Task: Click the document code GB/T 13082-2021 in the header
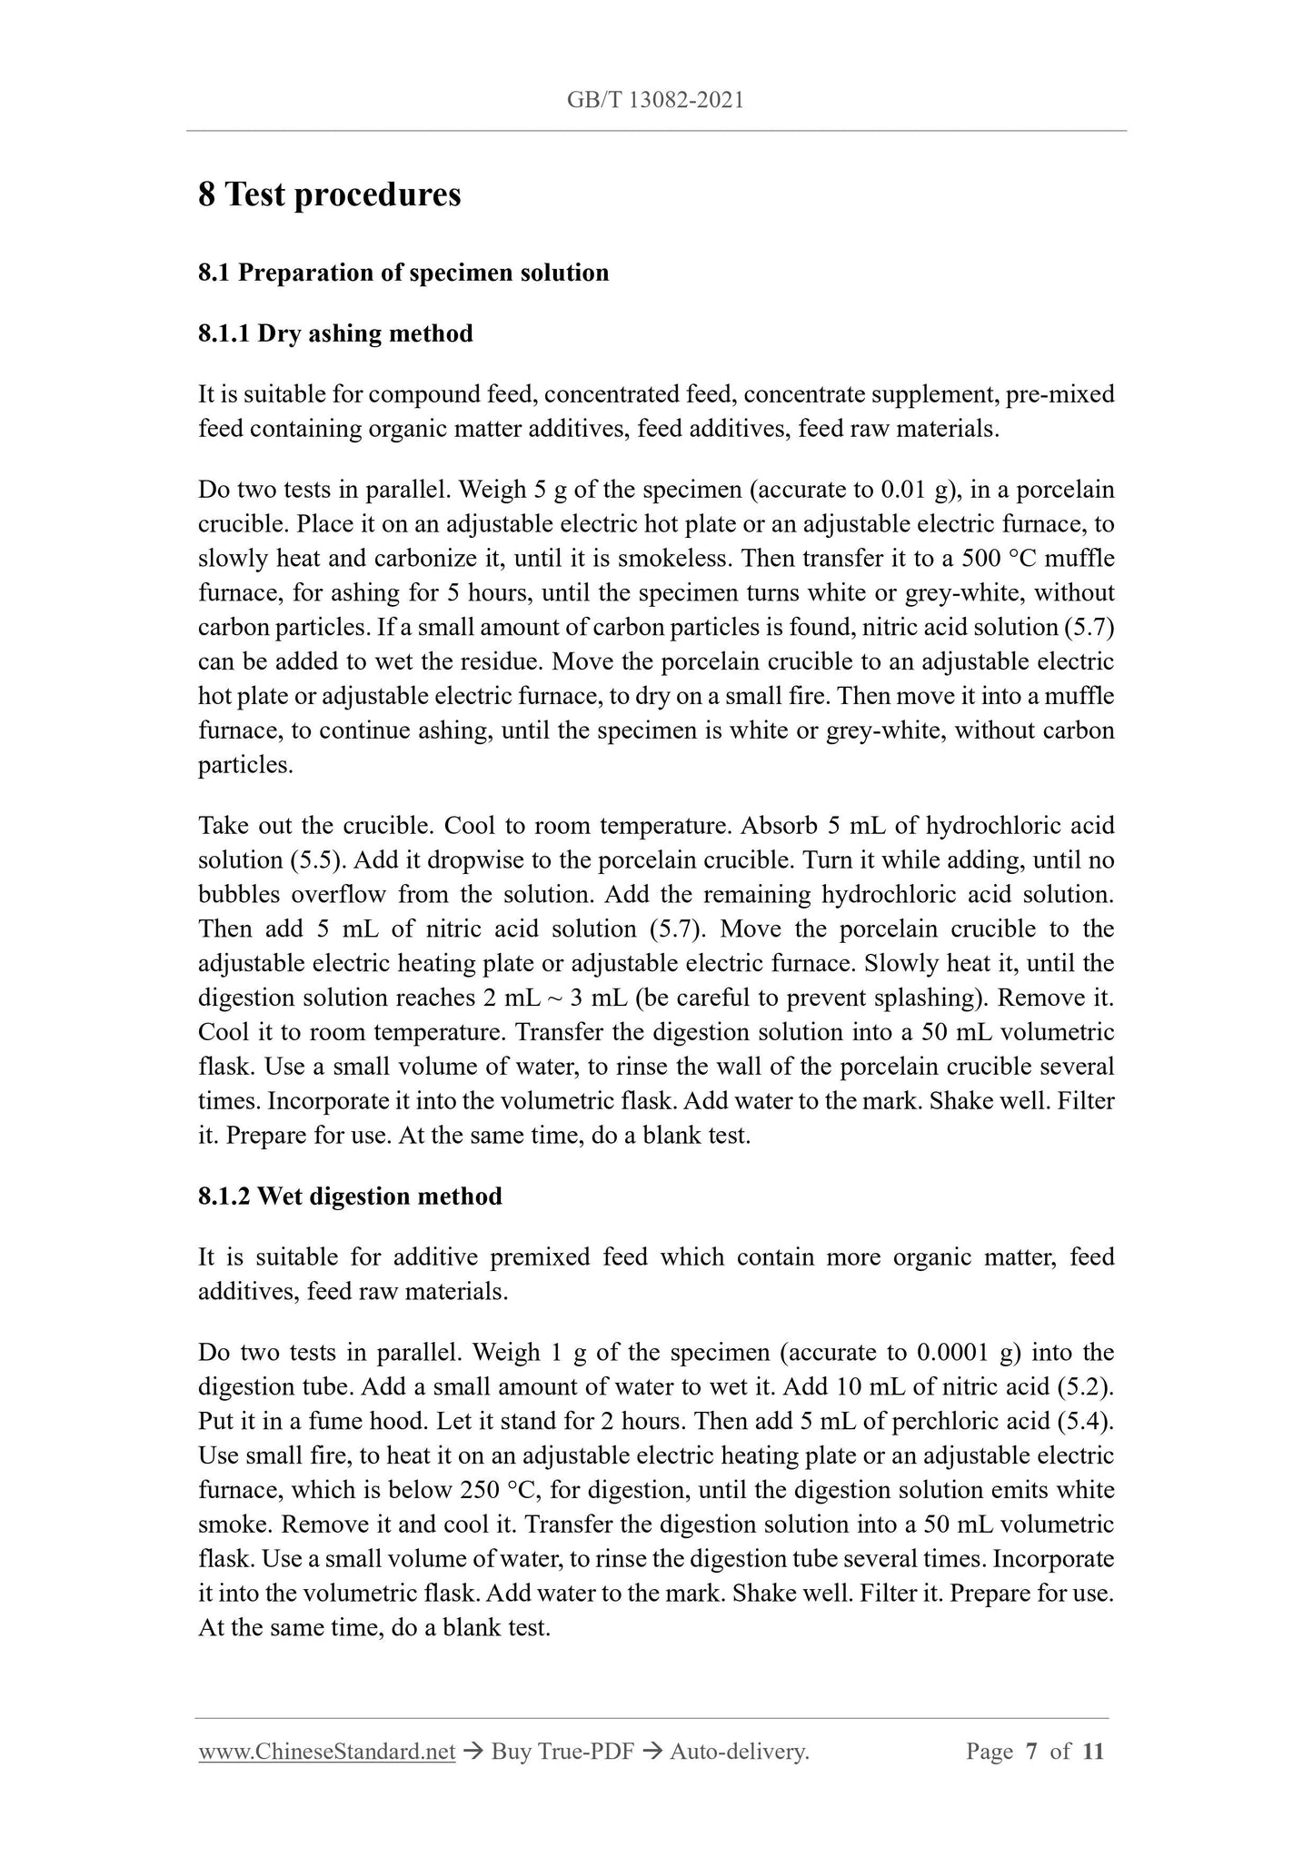point(655,101)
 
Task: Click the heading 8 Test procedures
point(330,194)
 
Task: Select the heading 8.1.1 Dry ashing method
point(335,333)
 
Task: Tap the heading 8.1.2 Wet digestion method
point(350,1196)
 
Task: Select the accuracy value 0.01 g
point(921,491)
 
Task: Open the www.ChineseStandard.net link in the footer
point(326,1752)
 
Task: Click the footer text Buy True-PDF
point(562,1752)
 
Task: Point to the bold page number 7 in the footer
point(1031,1752)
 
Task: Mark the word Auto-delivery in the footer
point(739,1752)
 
